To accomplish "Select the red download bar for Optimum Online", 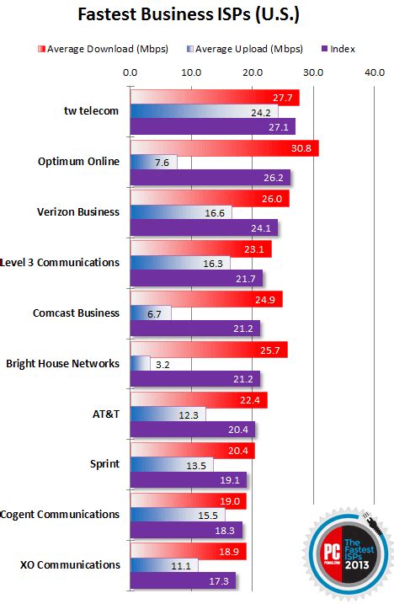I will (x=224, y=148).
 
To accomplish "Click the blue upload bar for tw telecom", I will (x=202, y=112).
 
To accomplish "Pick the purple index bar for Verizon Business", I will (x=204, y=227).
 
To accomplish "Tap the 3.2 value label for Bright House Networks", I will (x=164, y=364).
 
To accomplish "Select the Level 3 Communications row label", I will (x=61, y=262).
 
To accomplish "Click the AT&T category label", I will (x=104, y=413).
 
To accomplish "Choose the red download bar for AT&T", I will (x=199, y=399).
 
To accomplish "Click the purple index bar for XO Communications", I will (x=183, y=580).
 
